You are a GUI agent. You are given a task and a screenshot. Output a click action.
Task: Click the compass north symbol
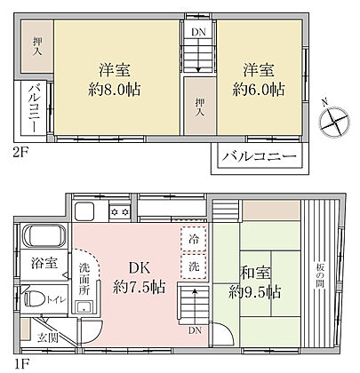click(334, 122)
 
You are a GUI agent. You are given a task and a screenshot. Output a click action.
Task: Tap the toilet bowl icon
click(33, 298)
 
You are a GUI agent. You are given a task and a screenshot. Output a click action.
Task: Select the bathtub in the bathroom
click(44, 236)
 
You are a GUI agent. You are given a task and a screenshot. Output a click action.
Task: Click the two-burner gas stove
click(119, 211)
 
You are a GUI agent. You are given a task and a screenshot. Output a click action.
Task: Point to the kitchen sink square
click(84, 211)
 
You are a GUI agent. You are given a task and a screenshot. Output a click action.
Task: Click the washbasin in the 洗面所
click(84, 306)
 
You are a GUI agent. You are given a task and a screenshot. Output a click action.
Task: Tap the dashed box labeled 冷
click(194, 239)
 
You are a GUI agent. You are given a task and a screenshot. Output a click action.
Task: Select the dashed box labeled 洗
click(194, 266)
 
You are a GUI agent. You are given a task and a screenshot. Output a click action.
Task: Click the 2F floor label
click(21, 153)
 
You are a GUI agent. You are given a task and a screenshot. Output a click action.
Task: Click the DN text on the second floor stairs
click(198, 32)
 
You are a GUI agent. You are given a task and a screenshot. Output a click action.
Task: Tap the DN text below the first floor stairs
click(195, 330)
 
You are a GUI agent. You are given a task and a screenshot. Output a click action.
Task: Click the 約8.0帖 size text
click(115, 89)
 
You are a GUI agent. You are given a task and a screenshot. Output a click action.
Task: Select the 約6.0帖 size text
click(259, 89)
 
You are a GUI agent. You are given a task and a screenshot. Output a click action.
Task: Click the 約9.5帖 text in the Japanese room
click(255, 292)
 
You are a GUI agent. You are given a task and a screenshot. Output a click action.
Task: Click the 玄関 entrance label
click(48, 337)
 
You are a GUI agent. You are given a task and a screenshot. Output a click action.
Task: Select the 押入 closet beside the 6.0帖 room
click(200, 106)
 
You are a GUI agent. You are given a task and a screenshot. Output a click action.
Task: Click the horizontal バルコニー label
click(260, 156)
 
